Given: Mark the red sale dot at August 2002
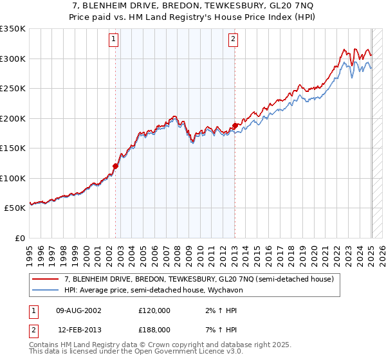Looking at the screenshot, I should (x=116, y=166).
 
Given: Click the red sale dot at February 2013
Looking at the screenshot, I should (x=235, y=125).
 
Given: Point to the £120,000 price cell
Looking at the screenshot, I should (x=154, y=310).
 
